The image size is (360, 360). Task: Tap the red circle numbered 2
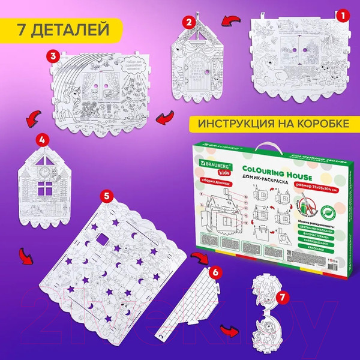click(190, 23)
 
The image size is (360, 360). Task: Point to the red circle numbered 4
click(41, 139)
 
